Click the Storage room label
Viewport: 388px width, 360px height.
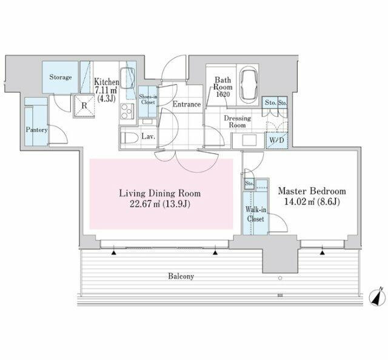point(61,77)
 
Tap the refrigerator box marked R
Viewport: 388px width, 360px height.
point(84,105)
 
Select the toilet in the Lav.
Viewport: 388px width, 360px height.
point(129,138)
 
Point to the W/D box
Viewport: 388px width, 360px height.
point(276,140)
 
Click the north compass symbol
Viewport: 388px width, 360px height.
point(377,296)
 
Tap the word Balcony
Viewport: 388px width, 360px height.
point(181,276)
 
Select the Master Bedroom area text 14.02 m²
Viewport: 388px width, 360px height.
point(299,202)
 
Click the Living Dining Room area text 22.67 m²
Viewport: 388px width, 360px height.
point(145,204)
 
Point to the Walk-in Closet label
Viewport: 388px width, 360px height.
point(256,215)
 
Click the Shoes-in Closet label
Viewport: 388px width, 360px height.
point(148,99)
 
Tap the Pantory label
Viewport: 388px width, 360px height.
point(36,130)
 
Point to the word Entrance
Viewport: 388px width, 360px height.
point(187,104)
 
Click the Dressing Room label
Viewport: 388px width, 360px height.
point(237,121)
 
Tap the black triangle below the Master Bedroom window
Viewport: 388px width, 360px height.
point(322,253)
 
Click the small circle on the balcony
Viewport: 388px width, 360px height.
point(280,278)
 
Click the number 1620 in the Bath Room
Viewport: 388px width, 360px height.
point(223,95)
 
